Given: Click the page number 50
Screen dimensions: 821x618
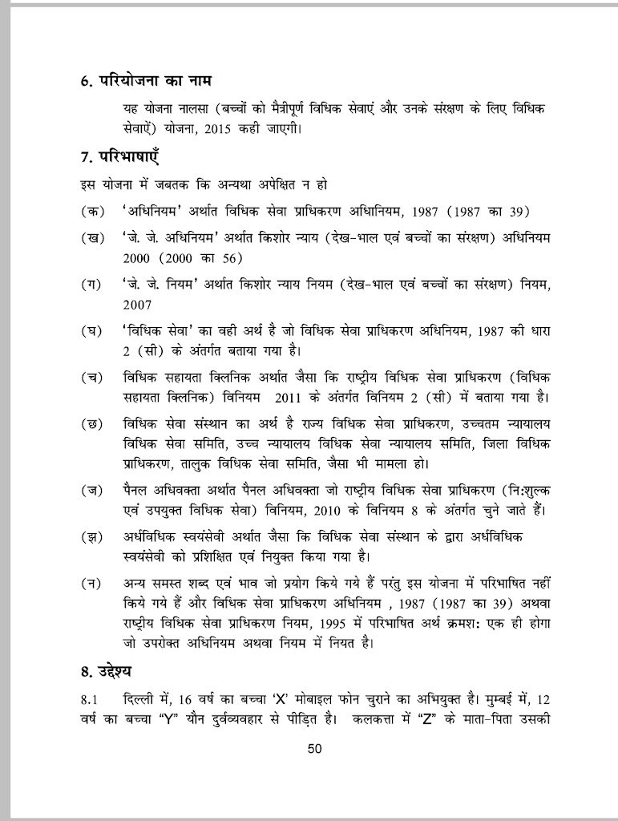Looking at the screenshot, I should pos(314,749).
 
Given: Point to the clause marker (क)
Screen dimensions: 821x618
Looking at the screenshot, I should pos(91,211).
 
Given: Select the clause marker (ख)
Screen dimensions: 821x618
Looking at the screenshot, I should pos(91,238).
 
